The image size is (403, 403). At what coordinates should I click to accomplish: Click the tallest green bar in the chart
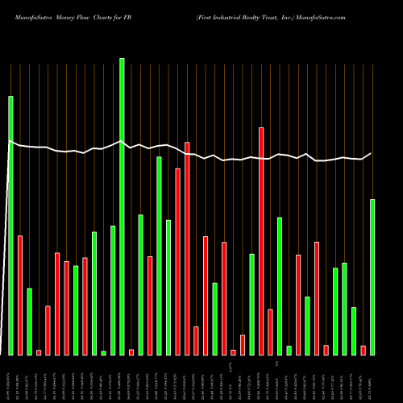coord(122,206)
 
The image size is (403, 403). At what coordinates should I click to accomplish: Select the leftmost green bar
coord(10,226)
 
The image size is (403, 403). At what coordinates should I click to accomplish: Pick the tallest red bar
coord(261,241)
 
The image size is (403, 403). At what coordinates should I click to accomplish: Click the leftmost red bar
coord(20,295)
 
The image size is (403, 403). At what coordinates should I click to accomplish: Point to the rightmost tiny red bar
coord(364,350)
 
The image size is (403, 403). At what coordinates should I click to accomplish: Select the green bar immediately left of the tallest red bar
coord(251,304)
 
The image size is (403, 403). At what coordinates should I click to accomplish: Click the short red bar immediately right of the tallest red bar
coord(270,331)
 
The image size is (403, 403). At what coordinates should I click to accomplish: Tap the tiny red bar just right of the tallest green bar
coord(131,352)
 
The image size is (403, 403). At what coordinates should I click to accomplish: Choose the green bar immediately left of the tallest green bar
coord(113,290)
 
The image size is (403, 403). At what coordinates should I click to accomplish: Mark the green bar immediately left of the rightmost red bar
coord(354,330)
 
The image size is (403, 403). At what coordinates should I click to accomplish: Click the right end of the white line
coord(372,153)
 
